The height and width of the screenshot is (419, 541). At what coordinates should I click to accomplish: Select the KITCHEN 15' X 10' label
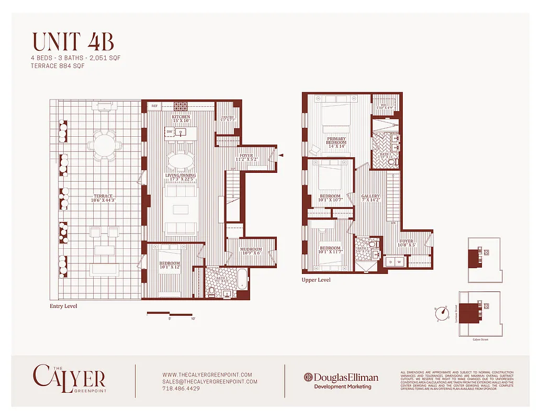pyautogui.click(x=181, y=119)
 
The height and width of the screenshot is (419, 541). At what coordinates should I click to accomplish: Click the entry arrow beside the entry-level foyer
pyautogui.click(x=281, y=155)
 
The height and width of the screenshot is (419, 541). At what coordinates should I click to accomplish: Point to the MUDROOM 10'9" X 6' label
pyautogui.click(x=251, y=251)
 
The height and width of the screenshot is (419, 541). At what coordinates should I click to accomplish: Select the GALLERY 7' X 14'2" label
pyautogui.click(x=370, y=198)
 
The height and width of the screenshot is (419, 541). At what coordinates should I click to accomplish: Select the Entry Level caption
pyautogui.click(x=63, y=306)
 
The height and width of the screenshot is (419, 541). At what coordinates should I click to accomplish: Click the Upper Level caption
pyautogui.click(x=316, y=280)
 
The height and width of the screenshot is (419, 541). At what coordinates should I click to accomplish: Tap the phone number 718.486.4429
pyautogui.click(x=181, y=389)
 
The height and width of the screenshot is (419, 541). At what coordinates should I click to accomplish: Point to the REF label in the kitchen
pyautogui.click(x=154, y=106)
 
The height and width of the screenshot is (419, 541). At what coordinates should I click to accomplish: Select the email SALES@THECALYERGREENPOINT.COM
pyautogui.click(x=210, y=382)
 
